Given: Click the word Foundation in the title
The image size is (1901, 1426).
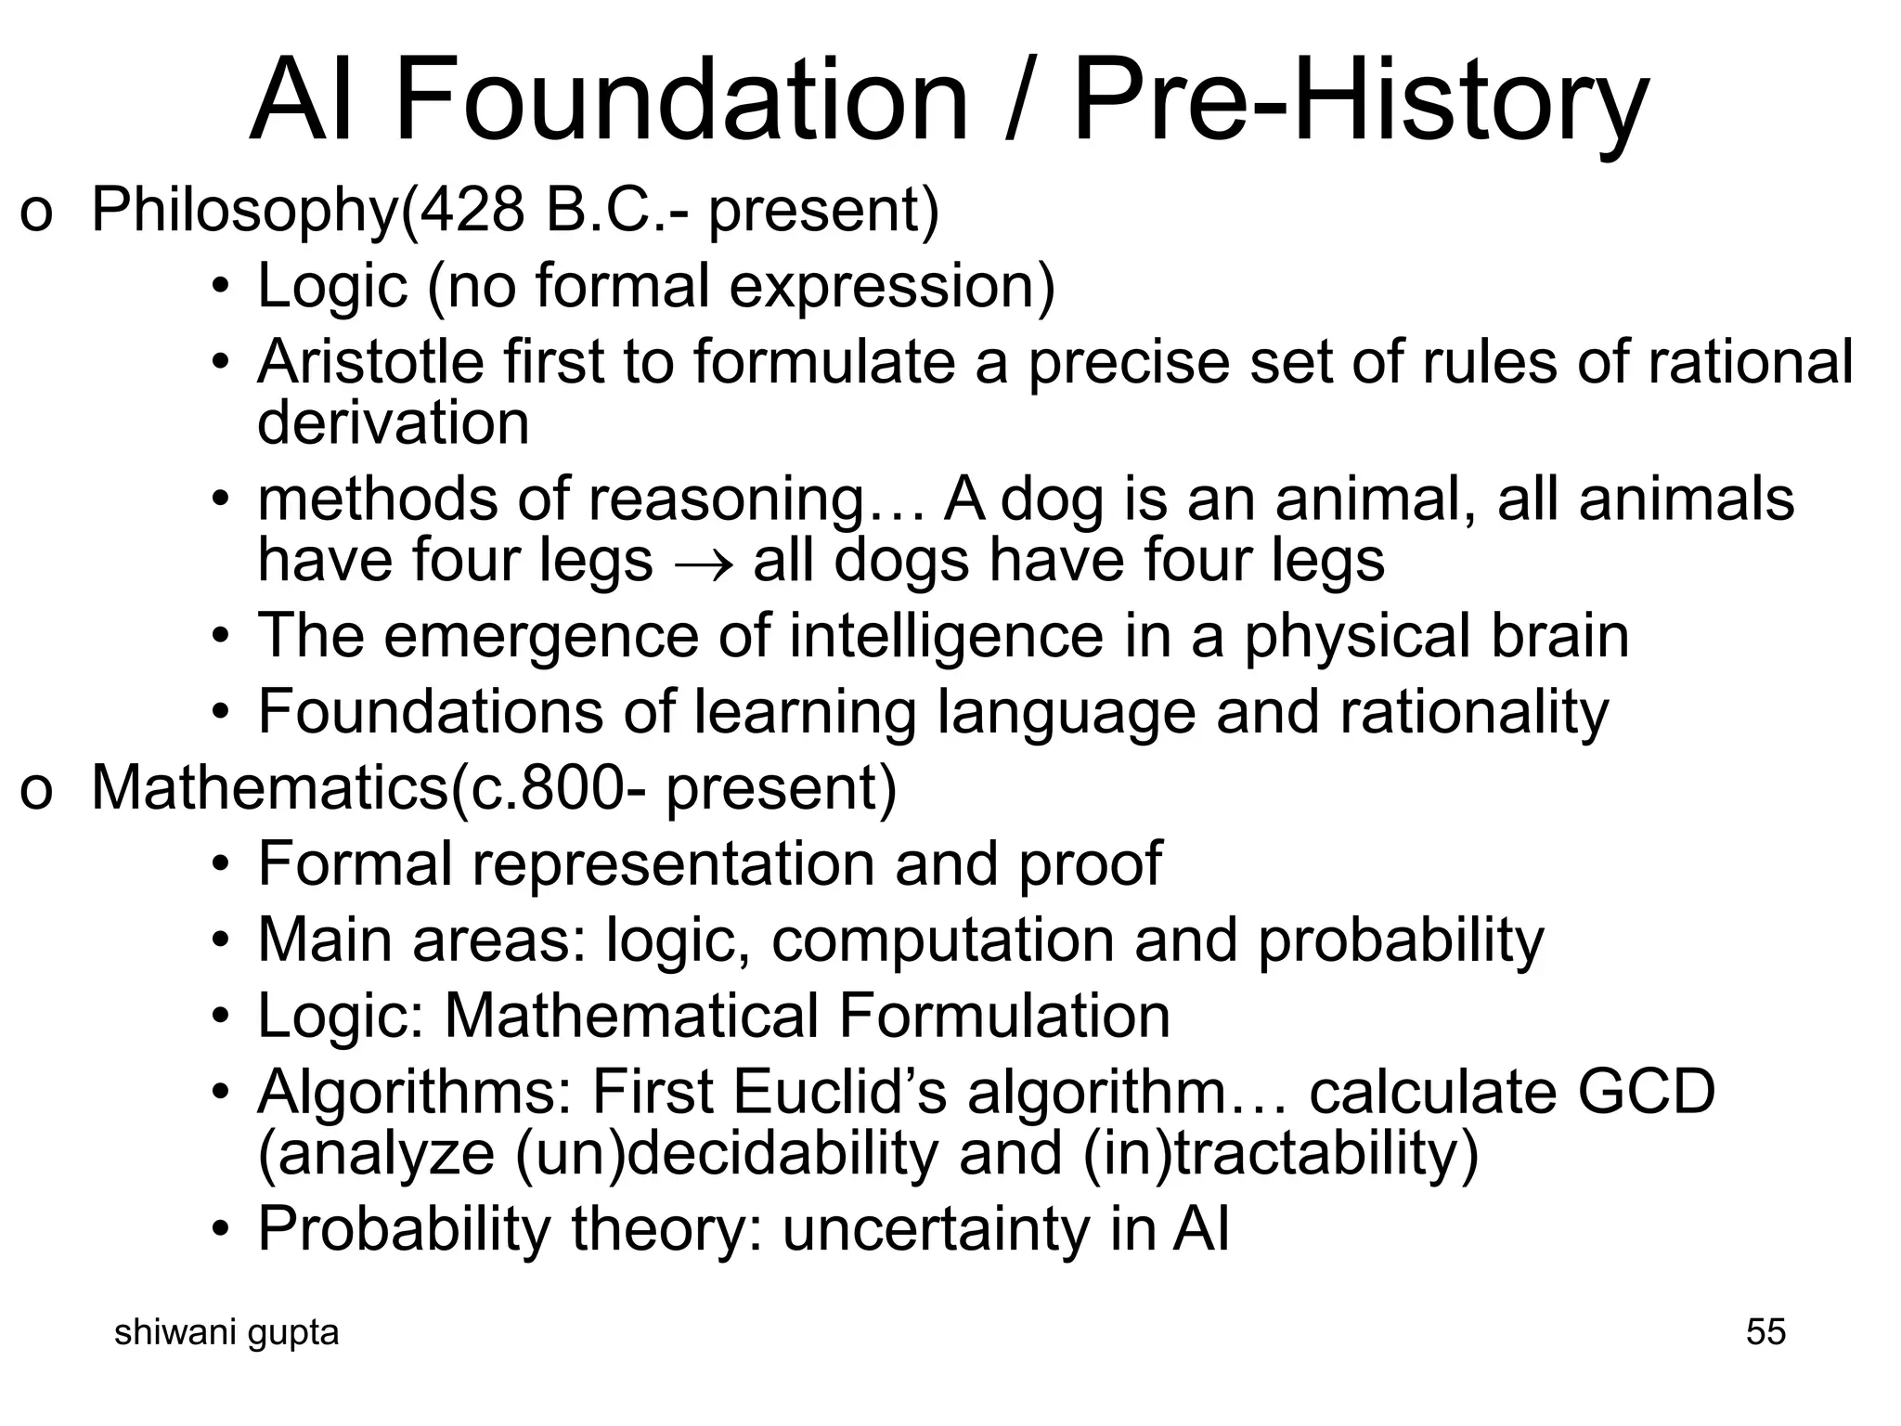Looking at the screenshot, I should tap(682, 99).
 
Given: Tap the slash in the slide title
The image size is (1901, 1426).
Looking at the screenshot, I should tap(1020, 99).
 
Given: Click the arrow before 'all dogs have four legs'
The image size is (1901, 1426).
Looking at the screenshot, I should tap(703, 563).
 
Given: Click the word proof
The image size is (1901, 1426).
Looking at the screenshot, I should tap(1090, 864).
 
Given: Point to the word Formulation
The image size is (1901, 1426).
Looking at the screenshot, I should tap(1004, 1016).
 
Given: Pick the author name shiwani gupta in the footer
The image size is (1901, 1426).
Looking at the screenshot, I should tap(226, 1332).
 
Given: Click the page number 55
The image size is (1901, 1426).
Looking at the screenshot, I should tap(1765, 1332).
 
